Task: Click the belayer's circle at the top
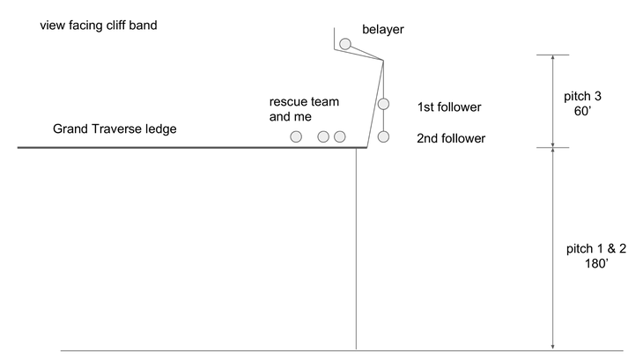345,43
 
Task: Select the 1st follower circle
384,104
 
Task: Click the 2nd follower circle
384,136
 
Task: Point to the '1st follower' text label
449,107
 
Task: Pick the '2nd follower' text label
451,138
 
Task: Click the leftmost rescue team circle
296,136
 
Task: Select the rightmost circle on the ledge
340,136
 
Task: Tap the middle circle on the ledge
323,136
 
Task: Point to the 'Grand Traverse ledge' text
115,129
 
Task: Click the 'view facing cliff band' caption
99,25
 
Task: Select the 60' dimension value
581,111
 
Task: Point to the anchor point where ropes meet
383,61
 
